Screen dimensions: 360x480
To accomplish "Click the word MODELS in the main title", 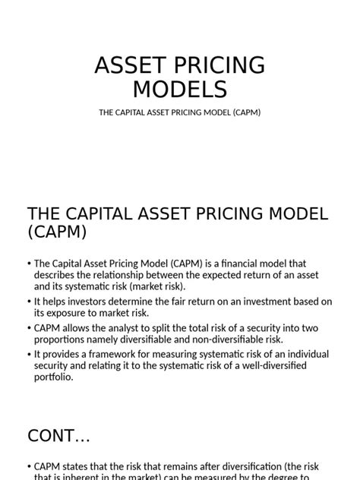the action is (x=180, y=89).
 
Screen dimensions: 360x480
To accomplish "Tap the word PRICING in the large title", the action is (x=213, y=65).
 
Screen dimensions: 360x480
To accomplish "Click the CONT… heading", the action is (x=58, y=435).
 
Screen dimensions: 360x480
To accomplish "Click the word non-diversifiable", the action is (x=221, y=339).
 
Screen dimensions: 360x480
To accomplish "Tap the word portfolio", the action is (x=53, y=377).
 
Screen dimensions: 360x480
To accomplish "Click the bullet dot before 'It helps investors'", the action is (x=29, y=302).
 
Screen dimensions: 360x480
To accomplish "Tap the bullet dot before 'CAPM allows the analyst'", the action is (x=29, y=328).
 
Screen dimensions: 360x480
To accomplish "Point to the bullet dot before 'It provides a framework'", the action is (x=29, y=355).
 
